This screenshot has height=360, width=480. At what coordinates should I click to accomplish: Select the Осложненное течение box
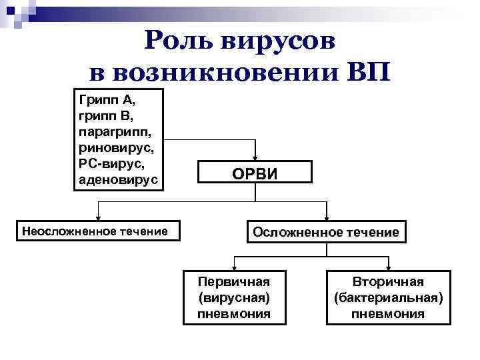(x=325, y=231)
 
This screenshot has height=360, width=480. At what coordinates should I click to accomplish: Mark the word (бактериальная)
(x=388, y=297)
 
